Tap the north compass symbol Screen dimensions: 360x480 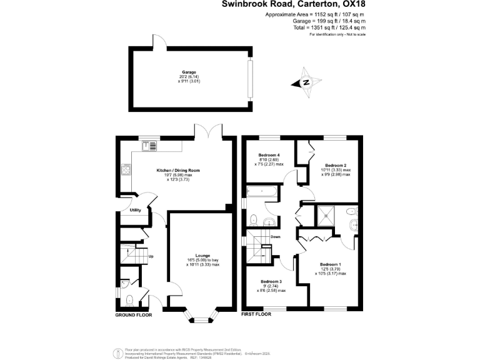click(x=307, y=82)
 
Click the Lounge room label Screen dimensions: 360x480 click(x=202, y=256)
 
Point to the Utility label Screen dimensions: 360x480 click(x=136, y=210)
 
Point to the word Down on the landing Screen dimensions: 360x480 click(x=275, y=237)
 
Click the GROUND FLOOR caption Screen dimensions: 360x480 click(x=134, y=315)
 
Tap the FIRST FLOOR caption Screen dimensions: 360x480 click(x=256, y=315)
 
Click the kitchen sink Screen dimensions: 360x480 click(x=151, y=146)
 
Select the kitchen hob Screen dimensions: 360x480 click(x=126, y=169)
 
